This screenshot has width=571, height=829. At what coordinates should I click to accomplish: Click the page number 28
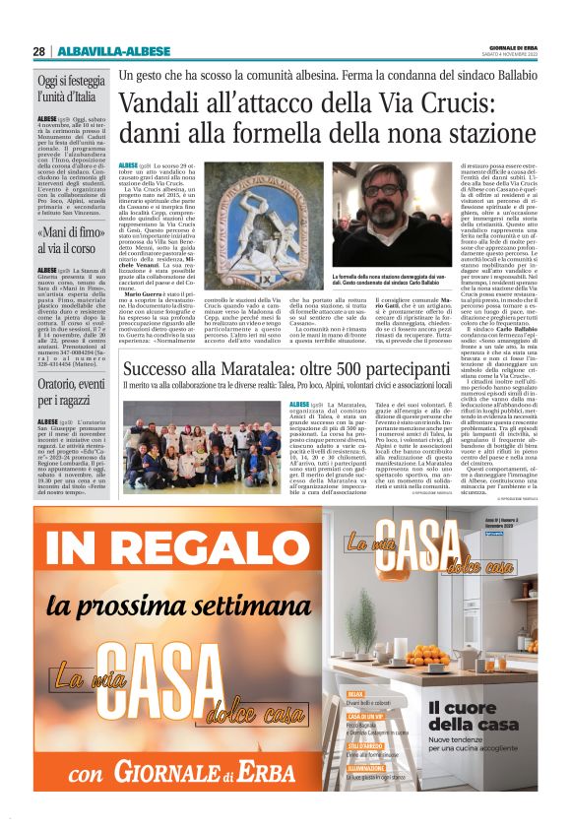[38, 51]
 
